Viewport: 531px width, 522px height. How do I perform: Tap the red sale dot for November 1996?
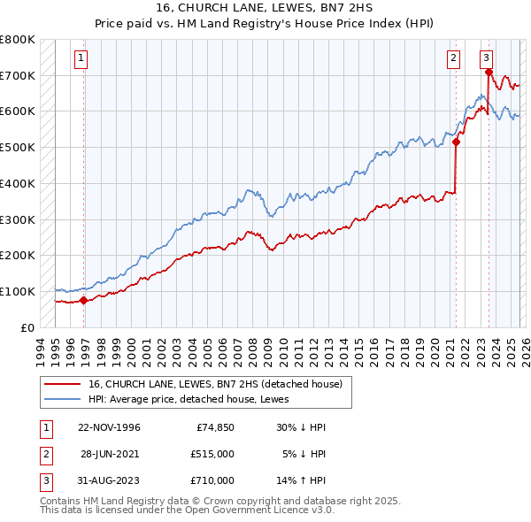point(84,300)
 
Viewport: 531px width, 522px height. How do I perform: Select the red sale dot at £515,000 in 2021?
point(457,142)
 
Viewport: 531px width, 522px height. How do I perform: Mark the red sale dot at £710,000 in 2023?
point(489,72)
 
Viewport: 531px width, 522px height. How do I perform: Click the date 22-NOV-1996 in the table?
point(109,427)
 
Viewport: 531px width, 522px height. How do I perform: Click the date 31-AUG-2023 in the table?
point(109,480)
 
